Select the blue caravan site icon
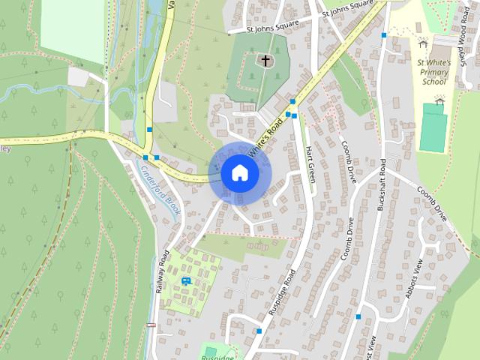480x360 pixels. pyautogui.click(x=186, y=281)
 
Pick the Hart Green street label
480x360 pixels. pyautogui.click(x=310, y=164)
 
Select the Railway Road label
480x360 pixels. pyautogui.click(x=163, y=271)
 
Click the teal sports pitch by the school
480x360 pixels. pyautogui.click(x=432, y=127)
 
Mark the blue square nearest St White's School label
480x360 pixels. pyautogui.click(x=384, y=35)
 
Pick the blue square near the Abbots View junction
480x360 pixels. pyautogui.click(x=358, y=317)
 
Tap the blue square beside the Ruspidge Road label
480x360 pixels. pyautogui.click(x=259, y=331)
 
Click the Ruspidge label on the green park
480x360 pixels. pyautogui.click(x=217, y=357)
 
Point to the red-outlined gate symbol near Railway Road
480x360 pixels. pyautogui.click(x=151, y=325)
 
